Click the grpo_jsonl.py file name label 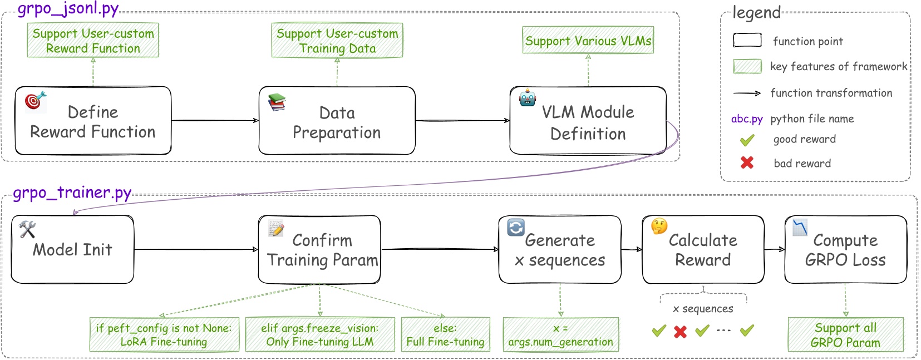pos(68,9)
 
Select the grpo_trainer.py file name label pos(72,193)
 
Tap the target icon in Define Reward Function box pos(35,100)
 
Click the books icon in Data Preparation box pos(277,102)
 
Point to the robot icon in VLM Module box pos(527,98)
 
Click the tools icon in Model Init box pos(27,229)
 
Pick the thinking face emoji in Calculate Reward pos(659,226)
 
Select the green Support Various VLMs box pos(588,41)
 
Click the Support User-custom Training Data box pos(337,41)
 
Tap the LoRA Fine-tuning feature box pos(164,334)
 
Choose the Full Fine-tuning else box pos(445,334)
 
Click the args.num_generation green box pos(560,335)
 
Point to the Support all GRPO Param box pos(845,335)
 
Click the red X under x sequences pos(680,332)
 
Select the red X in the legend pos(747,162)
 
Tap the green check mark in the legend pos(747,140)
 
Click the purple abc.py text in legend pos(747,119)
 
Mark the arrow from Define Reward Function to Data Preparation pos(215,120)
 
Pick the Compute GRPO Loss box pos(845,250)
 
